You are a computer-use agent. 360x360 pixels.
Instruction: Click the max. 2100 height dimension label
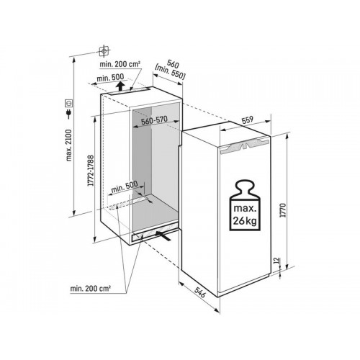click(68, 145)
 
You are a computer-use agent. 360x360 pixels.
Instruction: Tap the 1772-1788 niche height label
click(91, 170)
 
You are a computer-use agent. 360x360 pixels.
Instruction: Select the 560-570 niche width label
click(154, 120)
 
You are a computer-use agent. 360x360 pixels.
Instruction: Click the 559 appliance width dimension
click(248, 120)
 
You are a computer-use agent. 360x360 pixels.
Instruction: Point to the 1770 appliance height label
click(284, 210)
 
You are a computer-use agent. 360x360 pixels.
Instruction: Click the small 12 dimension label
click(276, 260)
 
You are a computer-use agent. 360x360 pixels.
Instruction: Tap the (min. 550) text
click(171, 72)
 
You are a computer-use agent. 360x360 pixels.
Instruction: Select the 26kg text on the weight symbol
click(245, 220)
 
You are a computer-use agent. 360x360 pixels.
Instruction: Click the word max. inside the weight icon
click(245, 208)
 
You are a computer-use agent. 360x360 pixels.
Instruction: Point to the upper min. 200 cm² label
click(120, 64)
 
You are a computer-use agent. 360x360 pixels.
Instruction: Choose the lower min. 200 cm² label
click(90, 289)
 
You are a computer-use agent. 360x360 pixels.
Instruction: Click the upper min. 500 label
click(110, 78)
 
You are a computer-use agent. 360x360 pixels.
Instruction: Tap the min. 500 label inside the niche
click(125, 187)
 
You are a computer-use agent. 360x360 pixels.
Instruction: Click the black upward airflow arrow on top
click(120, 86)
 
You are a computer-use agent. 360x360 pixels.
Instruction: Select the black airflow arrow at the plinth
click(163, 235)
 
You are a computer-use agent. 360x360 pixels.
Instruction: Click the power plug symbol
click(69, 113)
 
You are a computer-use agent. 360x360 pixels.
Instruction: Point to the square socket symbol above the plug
click(69, 104)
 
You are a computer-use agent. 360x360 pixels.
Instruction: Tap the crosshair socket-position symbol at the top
click(104, 51)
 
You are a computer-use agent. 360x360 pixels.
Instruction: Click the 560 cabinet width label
click(174, 64)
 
